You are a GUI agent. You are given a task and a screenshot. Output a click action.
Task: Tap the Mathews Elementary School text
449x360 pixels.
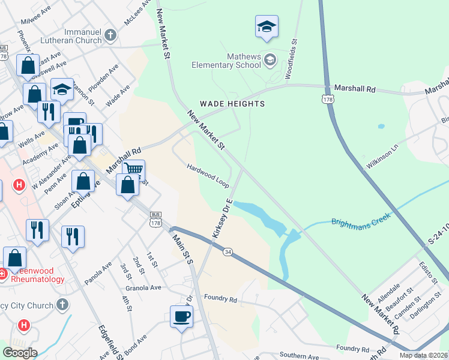[x=227, y=61]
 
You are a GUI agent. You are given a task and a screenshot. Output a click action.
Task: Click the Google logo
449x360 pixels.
[x=19, y=353]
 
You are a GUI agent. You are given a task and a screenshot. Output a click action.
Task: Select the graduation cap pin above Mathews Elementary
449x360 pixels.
[x=267, y=26]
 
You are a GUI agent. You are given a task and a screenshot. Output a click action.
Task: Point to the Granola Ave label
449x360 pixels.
[x=144, y=288]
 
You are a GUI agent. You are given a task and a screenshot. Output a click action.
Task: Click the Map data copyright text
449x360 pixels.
[x=423, y=355]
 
